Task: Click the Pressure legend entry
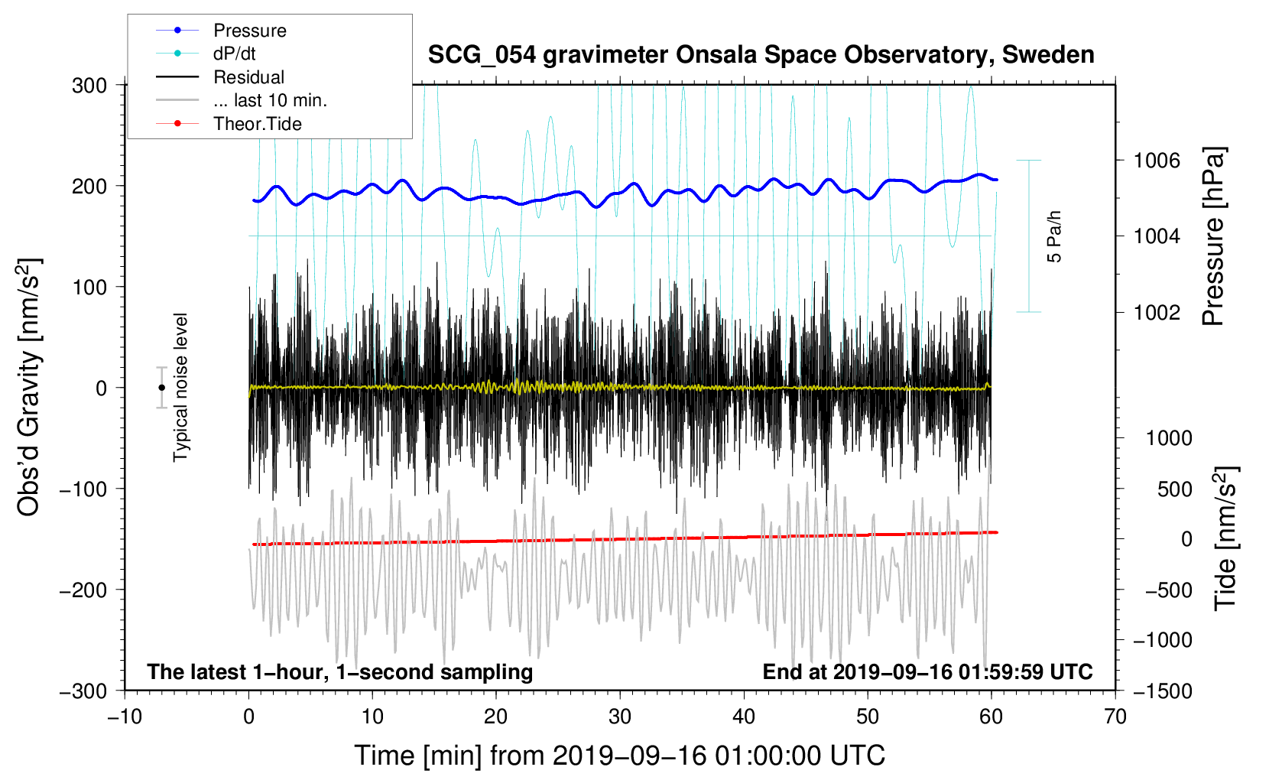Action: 249,31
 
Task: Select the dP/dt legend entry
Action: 234,54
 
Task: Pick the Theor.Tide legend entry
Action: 257,124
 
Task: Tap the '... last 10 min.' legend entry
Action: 270,100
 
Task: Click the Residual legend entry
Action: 248,77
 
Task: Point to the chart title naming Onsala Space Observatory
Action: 761,55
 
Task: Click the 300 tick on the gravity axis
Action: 89,86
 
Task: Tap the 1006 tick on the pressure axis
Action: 1157,161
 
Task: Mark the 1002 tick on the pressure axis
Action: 1157,312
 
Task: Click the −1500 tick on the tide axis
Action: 1162,691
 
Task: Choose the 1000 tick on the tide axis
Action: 1168,438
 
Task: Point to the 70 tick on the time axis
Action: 1115,717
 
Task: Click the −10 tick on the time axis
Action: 125,717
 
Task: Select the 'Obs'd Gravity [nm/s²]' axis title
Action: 28,388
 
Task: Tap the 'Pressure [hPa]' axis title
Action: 1213,237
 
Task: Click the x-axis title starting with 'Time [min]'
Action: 619,756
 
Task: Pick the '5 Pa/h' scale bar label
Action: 1055,236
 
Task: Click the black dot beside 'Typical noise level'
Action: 161,388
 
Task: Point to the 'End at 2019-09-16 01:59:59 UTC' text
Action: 927,672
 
